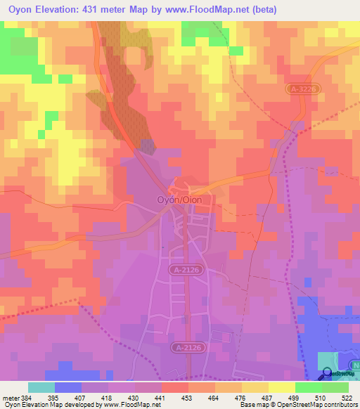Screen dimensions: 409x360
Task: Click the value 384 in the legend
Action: pos(26,397)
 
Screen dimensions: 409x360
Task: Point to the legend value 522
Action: pos(347,397)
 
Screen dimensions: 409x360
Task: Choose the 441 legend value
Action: pos(159,397)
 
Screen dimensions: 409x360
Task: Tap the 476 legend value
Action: pos(240,397)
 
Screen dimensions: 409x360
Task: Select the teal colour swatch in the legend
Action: pos(41,387)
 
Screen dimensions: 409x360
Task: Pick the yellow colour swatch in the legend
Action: pos(281,387)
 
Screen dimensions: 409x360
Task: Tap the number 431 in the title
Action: pos(101,10)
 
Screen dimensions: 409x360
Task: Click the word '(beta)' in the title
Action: pos(266,10)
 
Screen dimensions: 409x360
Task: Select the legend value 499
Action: pos(293,397)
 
